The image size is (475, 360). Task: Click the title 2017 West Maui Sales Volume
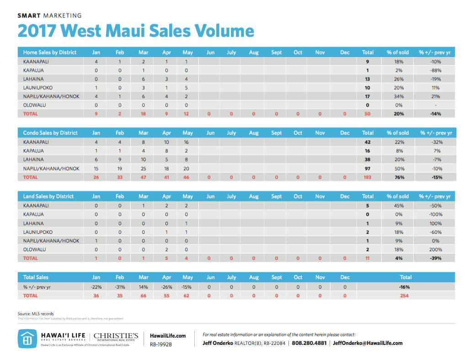click(x=135, y=31)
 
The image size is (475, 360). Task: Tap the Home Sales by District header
click(x=50, y=53)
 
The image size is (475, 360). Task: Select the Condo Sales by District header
click(x=50, y=133)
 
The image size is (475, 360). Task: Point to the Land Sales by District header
click(x=48, y=196)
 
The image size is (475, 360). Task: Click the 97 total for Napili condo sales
click(x=368, y=169)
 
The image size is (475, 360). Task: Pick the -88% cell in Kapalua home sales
click(x=435, y=70)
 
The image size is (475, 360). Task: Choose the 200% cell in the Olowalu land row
click(x=435, y=249)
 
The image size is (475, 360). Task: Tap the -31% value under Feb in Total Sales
click(x=120, y=287)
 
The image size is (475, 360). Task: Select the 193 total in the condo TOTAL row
click(x=368, y=177)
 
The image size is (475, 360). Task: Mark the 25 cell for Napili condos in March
click(x=144, y=169)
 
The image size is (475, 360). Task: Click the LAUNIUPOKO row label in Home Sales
click(x=38, y=88)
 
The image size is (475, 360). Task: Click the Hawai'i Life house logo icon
click(x=27, y=338)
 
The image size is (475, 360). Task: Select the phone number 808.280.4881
click(x=309, y=343)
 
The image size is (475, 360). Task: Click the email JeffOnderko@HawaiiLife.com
click(x=368, y=343)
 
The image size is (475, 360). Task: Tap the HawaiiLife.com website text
click(x=168, y=336)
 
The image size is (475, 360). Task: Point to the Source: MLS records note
click(x=36, y=314)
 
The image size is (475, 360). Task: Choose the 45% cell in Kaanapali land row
click(x=398, y=206)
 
